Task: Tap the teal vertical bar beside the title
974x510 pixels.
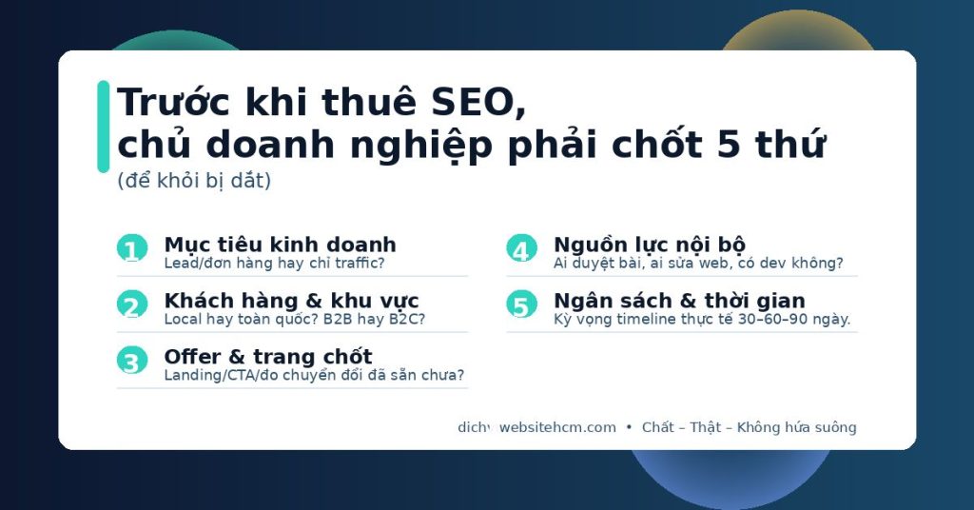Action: pos(103,127)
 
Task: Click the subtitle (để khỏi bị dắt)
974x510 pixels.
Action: pos(194,181)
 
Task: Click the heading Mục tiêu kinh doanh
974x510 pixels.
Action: pos(280,245)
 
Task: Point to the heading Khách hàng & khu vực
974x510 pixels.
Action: pos(291,301)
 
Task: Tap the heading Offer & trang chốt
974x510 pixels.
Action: pos(267,357)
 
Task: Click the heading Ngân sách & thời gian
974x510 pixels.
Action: pos(679,301)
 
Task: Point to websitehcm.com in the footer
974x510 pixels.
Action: pos(557,428)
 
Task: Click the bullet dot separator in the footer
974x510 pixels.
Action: pos(629,428)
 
